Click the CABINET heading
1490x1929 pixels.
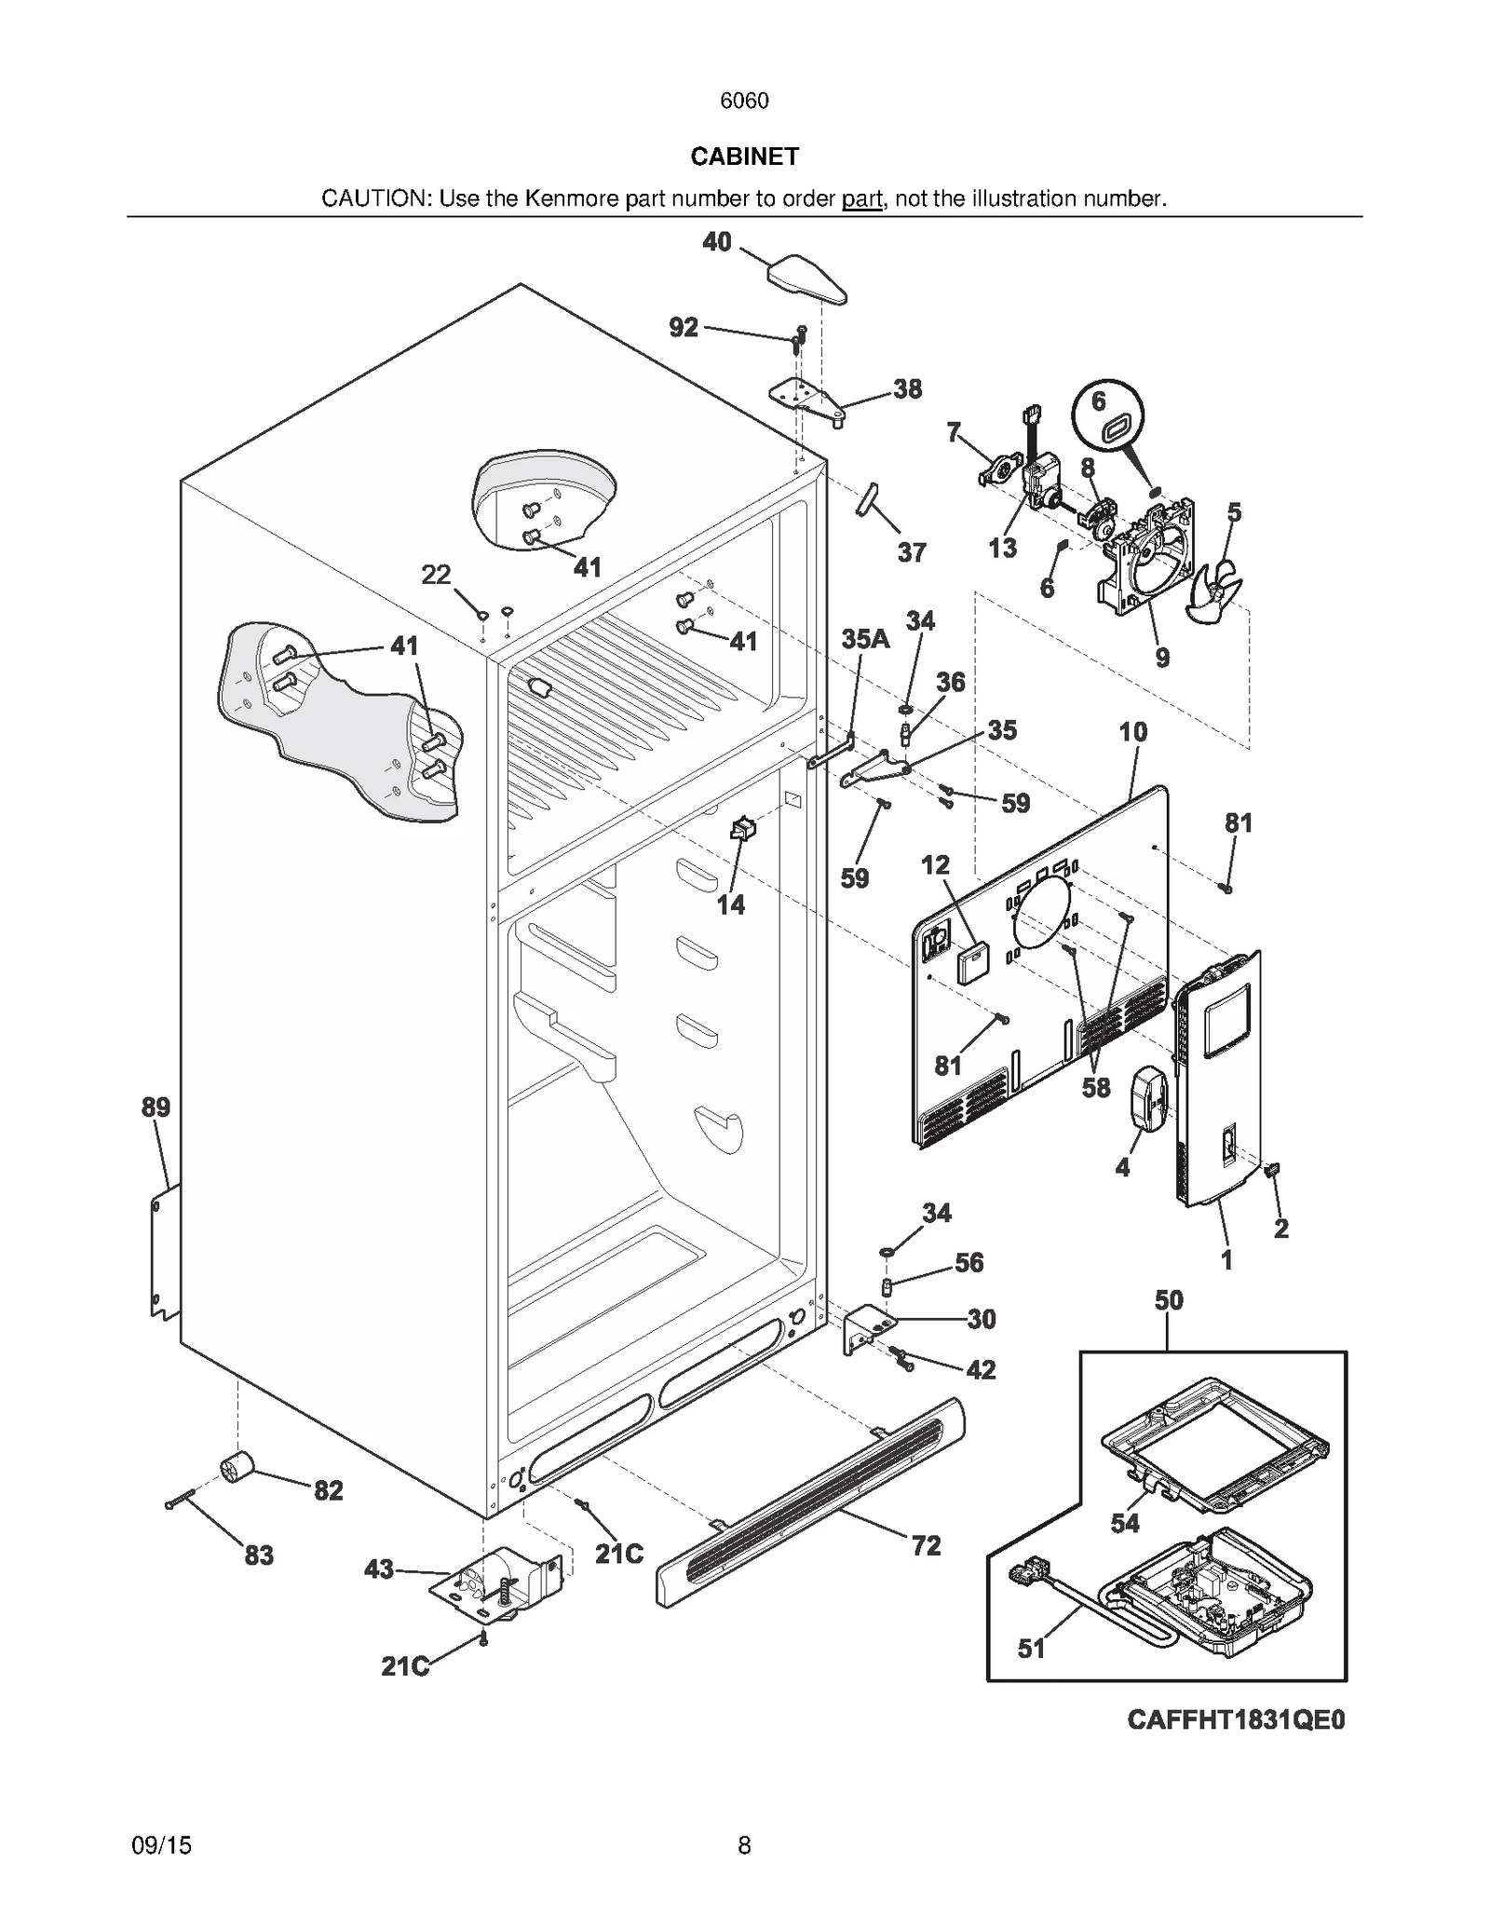tap(744, 156)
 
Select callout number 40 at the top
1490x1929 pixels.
tap(716, 242)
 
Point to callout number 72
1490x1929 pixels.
tap(926, 1545)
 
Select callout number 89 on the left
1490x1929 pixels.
tap(156, 1107)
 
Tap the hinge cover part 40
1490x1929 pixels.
tap(806, 279)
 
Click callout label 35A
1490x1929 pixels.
tap(865, 638)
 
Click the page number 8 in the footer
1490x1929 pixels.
tap(744, 1845)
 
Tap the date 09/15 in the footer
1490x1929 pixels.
tap(162, 1845)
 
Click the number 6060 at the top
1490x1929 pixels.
tap(744, 101)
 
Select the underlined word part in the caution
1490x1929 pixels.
tap(861, 198)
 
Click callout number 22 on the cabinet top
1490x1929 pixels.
tap(436, 575)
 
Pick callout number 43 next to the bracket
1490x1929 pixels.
tap(378, 1569)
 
